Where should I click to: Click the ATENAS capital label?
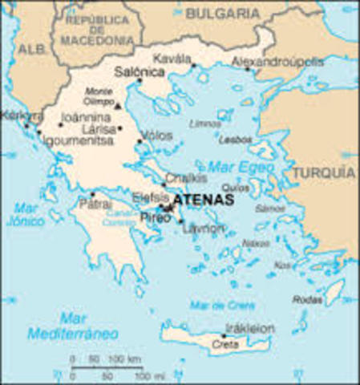(203, 200)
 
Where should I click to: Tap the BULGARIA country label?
(222, 14)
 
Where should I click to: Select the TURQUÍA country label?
(322, 172)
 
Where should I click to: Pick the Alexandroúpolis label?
(277, 61)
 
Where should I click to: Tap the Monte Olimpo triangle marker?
(119, 105)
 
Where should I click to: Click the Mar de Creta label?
(221, 305)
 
